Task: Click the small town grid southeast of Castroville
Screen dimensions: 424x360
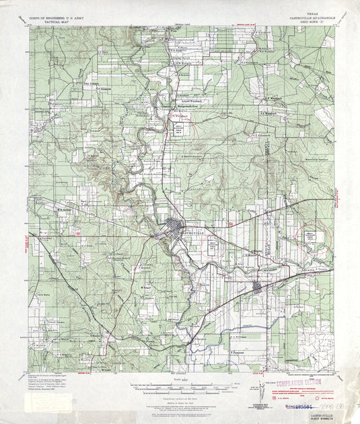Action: [x=257, y=287]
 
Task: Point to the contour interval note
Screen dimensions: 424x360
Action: [x=180, y=397]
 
